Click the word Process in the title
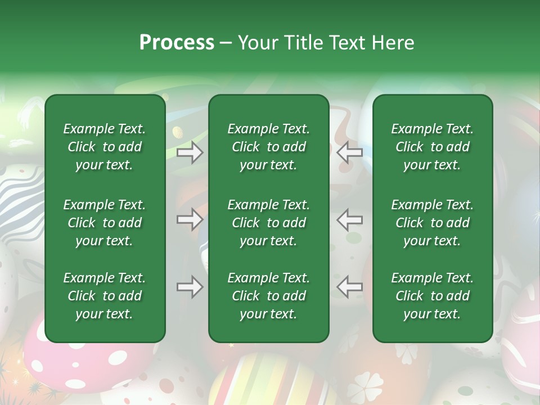point(177,43)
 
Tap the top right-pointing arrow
point(190,152)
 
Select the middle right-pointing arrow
point(190,219)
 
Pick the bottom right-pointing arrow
point(190,287)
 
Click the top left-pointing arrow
point(350,152)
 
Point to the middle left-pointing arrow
point(350,219)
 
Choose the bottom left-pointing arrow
point(350,287)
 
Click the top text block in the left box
point(105,147)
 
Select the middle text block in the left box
point(105,223)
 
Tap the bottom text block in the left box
point(105,296)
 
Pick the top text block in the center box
point(268,147)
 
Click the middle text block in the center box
point(268,223)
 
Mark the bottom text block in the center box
point(268,296)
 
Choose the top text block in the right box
point(432,147)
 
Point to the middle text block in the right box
point(432,223)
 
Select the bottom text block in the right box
point(432,296)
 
